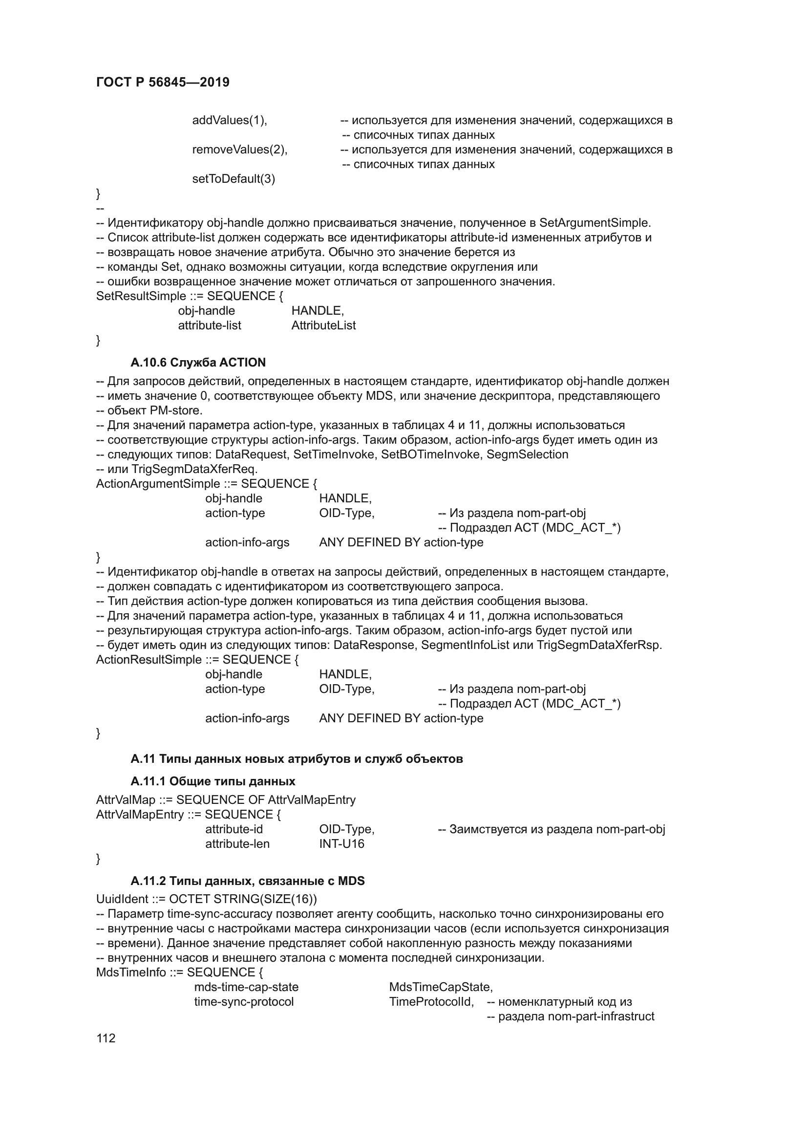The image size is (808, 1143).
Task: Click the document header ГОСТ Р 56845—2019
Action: point(163,82)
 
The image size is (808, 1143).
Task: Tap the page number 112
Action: point(106,1038)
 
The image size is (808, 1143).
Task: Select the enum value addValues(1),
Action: point(230,120)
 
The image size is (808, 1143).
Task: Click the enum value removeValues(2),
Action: point(240,150)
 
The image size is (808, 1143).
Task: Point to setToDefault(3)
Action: point(234,179)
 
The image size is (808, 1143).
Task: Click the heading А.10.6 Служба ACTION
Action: point(198,363)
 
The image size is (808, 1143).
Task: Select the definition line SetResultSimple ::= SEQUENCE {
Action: point(190,296)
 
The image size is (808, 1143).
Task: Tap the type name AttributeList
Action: point(323,325)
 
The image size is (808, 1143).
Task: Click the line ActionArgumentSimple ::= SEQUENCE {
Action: point(207,484)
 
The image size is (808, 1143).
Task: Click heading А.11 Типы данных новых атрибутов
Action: point(297,759)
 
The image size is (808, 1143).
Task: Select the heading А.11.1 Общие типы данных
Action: point(213,781)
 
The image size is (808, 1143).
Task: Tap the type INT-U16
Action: point(341,844)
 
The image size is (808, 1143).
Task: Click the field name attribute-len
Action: point(237,844)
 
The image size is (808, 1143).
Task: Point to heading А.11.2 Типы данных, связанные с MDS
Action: point(247,881)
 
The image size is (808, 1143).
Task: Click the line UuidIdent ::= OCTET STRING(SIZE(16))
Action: point(207,899)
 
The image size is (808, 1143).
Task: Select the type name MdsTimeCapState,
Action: point(440,987)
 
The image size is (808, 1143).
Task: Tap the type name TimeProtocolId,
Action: point(431,1002)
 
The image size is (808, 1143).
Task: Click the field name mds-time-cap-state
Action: point(246,987)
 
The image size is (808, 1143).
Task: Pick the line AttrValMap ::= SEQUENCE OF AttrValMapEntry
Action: point(225,800)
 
